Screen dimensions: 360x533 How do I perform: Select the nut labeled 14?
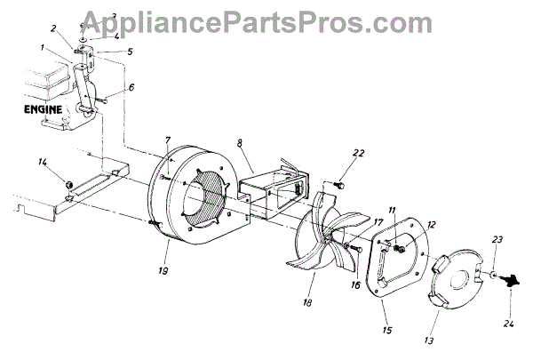click(x=67, y=183)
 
